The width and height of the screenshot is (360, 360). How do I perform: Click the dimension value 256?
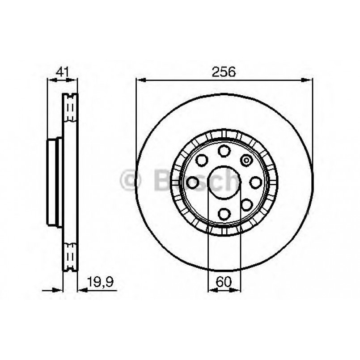tap(224, 72)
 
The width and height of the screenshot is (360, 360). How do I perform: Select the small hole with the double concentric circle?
tap(246, 160)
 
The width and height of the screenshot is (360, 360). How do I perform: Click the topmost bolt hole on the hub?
tap(224, 151)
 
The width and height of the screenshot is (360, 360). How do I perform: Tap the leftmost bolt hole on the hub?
tap(193, 182)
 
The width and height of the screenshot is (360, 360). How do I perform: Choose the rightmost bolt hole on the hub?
tap(255, 182)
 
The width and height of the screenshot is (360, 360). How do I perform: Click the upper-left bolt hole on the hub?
tap(202, 160)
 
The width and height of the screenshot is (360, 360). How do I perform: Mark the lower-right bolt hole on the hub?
tap(246, 205)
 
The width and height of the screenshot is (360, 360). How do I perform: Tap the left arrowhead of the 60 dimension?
tap(212, 290)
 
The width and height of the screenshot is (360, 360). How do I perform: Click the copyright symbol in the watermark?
tap(131, 181)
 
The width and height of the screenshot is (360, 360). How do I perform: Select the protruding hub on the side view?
tap(53, 182)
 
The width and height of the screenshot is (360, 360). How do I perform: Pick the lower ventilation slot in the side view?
tap(70, 256)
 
